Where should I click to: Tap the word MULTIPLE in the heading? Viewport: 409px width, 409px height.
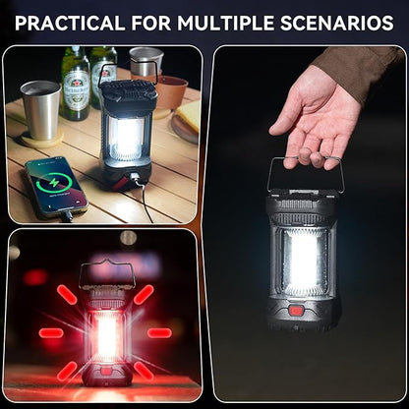[x=246, y=22]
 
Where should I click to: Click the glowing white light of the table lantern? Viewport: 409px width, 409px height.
[x=127, y=137]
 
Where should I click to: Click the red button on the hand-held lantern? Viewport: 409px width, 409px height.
[x=295, y=311]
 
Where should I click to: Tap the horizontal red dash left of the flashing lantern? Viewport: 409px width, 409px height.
[x=51, y=332]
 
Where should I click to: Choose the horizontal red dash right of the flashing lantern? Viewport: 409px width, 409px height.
[x=159, y=332]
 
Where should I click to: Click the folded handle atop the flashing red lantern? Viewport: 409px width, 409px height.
[x=105, y=272]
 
